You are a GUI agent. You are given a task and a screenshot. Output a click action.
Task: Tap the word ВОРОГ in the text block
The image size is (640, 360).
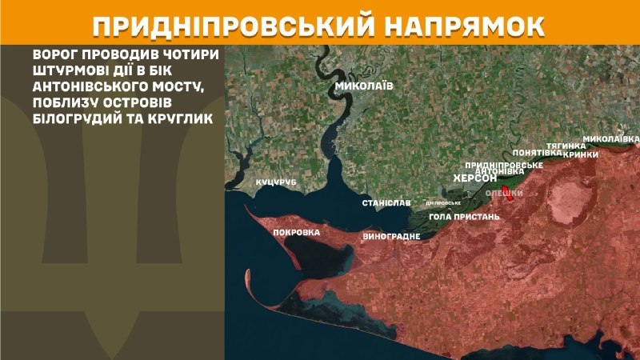click(x=57, y=58)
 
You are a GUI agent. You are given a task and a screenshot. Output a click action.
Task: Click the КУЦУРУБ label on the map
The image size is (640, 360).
click(x=276, y=183)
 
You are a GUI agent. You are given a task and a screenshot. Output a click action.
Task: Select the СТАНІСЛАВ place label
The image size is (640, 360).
click(x=386, y=203)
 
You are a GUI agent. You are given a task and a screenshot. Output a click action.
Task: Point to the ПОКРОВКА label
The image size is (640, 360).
click(x=296, y=233)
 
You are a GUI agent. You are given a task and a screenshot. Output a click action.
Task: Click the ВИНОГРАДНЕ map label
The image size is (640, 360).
click(x=392, y=238)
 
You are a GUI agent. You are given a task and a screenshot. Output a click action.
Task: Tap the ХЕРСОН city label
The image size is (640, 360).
click(x=475, y=179)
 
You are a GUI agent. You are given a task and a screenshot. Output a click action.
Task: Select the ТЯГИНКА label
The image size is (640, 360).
click(x=562, y=145)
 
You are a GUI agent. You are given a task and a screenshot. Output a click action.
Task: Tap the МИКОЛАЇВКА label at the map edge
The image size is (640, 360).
click(x=610, y=138)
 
